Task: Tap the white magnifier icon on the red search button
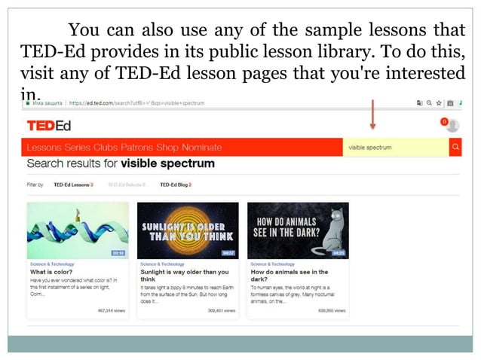pos(455,148)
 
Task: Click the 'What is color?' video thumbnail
pos(78,230)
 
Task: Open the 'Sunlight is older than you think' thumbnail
pos(188,230)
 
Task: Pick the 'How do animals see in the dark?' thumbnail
pos(298,230)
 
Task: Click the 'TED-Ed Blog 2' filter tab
pos(176,184)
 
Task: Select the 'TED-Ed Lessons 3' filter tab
pos(73,184)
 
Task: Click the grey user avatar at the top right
pos(453,125)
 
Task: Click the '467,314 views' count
pos(112,310)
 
